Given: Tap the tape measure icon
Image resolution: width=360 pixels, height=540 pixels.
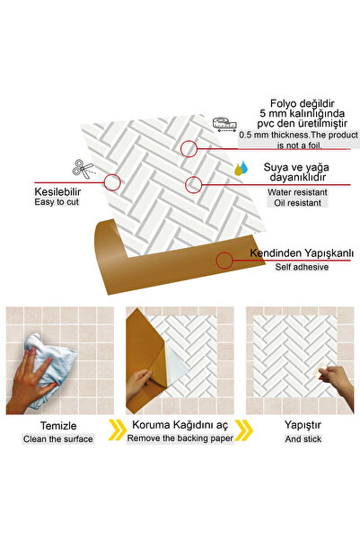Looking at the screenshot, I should (x=224, y=124).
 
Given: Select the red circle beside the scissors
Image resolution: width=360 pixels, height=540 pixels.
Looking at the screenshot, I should (x=112, y=182).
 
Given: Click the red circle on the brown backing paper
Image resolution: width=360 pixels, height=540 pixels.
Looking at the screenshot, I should (x=224, y=261).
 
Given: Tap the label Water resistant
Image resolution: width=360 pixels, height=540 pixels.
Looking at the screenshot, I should (x=295, y=191).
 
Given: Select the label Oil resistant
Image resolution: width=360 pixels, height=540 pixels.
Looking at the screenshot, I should (x=295, y=203).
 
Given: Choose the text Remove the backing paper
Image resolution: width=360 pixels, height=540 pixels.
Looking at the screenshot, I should (x=180, y=438).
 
